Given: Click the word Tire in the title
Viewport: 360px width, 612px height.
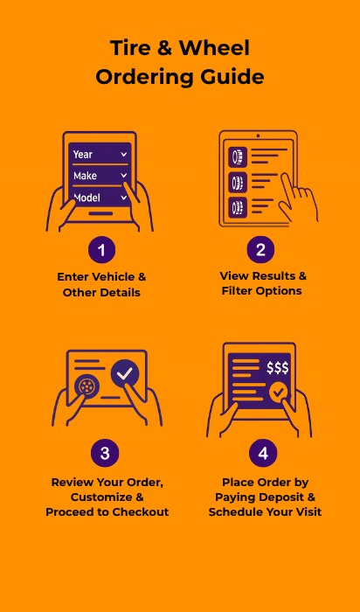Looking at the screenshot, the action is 130,48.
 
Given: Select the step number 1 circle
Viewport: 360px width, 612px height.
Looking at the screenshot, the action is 102,250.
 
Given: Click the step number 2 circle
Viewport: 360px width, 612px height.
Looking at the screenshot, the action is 260,249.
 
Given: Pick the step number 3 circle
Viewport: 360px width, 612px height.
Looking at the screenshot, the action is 105,454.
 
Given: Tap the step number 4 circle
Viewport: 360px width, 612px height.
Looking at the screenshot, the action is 263,453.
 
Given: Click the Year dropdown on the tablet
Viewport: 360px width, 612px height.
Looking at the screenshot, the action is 100,155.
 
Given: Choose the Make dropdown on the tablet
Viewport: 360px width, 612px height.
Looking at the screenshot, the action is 100,176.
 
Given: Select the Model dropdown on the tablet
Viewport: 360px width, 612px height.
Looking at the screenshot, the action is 100,197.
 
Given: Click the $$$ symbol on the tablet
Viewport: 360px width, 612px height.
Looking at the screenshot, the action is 278,368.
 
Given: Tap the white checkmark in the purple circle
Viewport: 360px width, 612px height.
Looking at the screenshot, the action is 125,374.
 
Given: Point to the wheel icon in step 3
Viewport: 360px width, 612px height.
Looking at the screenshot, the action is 87,386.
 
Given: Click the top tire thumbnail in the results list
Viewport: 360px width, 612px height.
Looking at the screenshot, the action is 238,156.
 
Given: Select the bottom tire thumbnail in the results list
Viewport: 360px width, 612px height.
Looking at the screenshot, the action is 238,207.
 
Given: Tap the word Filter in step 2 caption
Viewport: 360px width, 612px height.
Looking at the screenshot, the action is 237,291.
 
